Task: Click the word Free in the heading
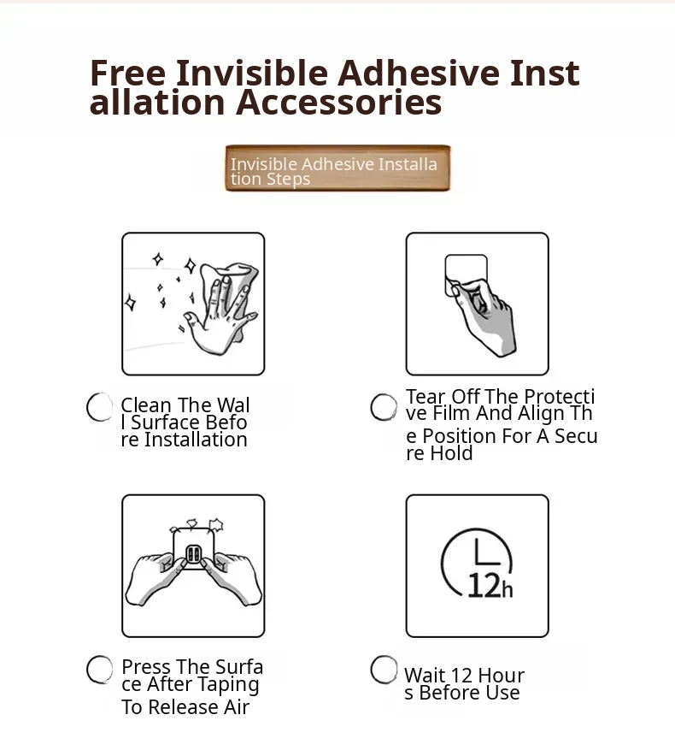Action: (127, 74)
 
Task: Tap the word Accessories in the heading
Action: (338, 103)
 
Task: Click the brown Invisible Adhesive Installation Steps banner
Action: (337, 168)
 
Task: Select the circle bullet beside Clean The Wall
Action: (100, 407)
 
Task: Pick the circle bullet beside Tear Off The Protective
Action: (384, 407)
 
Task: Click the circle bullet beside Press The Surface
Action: (100, 670)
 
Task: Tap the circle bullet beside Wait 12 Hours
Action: (384, 670)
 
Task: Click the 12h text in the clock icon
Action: (490, 587)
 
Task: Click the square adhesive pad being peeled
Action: (466, 274)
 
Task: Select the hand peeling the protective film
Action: (485, 318)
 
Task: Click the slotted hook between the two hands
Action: (193, 554)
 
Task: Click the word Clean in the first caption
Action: (146, 405)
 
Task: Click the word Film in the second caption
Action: (452, 413)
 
